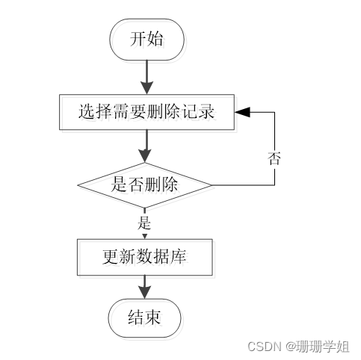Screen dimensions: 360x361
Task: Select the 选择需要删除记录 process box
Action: (x=146, y=113)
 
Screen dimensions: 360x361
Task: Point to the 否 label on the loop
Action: (x=274, y=158)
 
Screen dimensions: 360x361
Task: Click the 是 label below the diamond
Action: (x=144, y=223)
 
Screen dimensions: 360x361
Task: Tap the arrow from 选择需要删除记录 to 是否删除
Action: (x=146, y=146)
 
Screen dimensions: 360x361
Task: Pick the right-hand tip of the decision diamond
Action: (x=212, y=184)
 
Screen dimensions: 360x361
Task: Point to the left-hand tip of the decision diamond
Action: (x=79, y=184)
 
